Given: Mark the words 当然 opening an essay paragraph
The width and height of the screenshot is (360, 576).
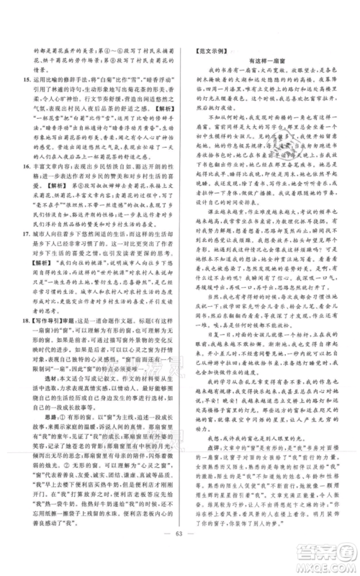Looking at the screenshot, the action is (214, 294).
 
